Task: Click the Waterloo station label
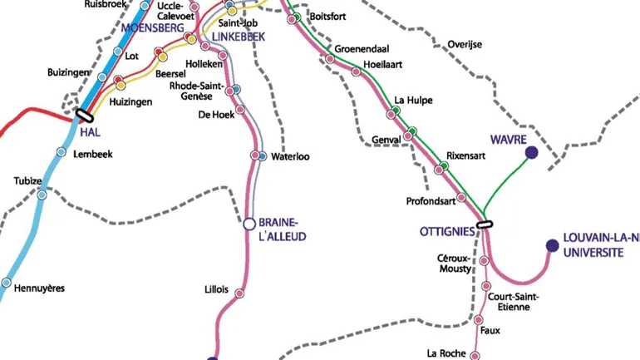point(291,156)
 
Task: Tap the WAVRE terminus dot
point(531,152)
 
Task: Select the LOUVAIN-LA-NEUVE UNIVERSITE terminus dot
point(551,245)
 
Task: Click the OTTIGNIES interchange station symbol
point(485,224)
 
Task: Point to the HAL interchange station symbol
point(84,116)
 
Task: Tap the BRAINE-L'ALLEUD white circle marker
point(249,224)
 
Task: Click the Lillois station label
point(216,290)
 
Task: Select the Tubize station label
point(27,181)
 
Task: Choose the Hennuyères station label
point(40,288)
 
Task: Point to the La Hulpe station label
point(413,100)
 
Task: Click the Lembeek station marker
point(62,152)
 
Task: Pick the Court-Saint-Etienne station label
point(514,302)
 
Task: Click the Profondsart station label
point(431,200)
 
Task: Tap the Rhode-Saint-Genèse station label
point(196,91)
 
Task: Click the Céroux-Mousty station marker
point(485,261)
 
